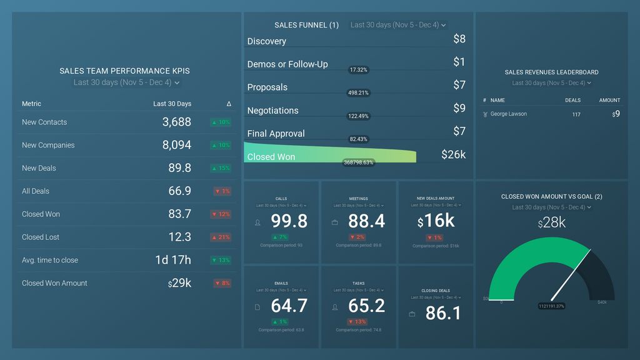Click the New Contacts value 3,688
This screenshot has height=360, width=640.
click(x=176, y=122)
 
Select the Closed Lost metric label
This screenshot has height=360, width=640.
click(x=41, y=237)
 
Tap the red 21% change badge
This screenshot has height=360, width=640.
click(x=222, y=237)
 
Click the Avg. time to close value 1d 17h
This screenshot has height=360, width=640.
click(x=173, y=260)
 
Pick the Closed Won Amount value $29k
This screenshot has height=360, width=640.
click(x=179, y=283)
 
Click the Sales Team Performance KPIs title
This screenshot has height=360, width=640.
click(x=124, y=71)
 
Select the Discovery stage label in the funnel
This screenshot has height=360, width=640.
click(x=267, y=41)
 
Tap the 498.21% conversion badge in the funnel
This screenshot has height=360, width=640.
click(x=359, y=93)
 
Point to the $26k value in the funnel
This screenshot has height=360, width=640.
click(x=453, y=154)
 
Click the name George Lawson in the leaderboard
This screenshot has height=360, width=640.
click(x=508, y=114)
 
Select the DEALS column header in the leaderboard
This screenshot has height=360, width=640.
click(x=572, y=100)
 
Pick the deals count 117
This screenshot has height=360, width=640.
click(x=576, y=114)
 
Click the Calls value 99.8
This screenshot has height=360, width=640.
click(x=289, y=221)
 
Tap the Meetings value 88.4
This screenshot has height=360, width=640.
click(x=366, y=221)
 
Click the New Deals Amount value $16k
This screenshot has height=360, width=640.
click(x=436, y=221)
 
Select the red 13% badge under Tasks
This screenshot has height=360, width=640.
click(x=358, y=322)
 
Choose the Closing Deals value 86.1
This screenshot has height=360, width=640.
click(x=443, y=313)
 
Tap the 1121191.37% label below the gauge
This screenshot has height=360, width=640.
click(x=552, y=306)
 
